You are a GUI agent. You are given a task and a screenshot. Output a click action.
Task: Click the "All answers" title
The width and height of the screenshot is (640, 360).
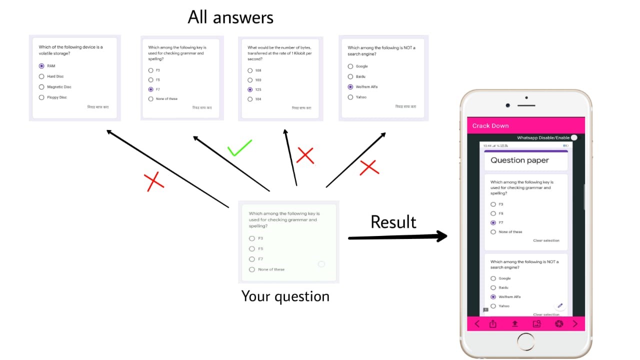[x=230, y=17]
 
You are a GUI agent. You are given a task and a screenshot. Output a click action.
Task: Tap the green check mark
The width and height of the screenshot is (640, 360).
[x=239, y=148]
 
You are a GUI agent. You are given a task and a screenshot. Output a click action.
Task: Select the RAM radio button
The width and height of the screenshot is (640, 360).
[x=41, y=66]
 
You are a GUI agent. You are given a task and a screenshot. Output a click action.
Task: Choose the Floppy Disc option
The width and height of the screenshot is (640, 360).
[x=41, y=97]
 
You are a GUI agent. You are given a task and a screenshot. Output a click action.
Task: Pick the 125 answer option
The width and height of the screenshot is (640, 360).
[x=250, y=89]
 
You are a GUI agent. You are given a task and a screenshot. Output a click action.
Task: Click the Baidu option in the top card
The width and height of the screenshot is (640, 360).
[x=350, y=76]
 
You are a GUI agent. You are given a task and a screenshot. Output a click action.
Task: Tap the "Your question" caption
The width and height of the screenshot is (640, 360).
[x=285, y=296]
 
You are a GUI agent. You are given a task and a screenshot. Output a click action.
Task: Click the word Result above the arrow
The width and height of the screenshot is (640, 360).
[x=393, y=222]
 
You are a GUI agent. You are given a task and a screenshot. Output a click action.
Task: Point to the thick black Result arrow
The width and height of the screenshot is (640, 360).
[x=397, y=237]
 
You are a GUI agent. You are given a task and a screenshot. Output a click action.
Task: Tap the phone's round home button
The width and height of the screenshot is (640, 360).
[x=526, y=342]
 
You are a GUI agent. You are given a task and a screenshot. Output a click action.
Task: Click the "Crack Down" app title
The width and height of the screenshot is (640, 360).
[x=490, y=125]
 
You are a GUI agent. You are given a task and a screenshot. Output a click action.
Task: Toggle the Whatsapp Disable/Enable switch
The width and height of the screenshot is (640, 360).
[x=574, y=137]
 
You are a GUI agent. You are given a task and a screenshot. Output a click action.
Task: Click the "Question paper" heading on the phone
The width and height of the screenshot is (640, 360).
[x=519, y=160]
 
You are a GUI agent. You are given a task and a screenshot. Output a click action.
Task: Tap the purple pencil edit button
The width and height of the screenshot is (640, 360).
[x=560, y=305]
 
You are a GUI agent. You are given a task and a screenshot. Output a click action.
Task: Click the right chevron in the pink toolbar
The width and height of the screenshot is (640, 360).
[x=575, y=324]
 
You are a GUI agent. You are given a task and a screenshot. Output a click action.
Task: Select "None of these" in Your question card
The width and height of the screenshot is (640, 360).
[x=252, y=269]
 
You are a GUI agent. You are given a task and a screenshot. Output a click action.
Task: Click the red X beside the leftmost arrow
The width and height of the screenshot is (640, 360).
[x=154, y=182]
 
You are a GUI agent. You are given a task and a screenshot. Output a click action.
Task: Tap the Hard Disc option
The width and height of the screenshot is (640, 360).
[x=41, y=76]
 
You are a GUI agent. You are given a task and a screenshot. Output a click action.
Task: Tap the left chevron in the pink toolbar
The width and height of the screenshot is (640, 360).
[x=477, y=324]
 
